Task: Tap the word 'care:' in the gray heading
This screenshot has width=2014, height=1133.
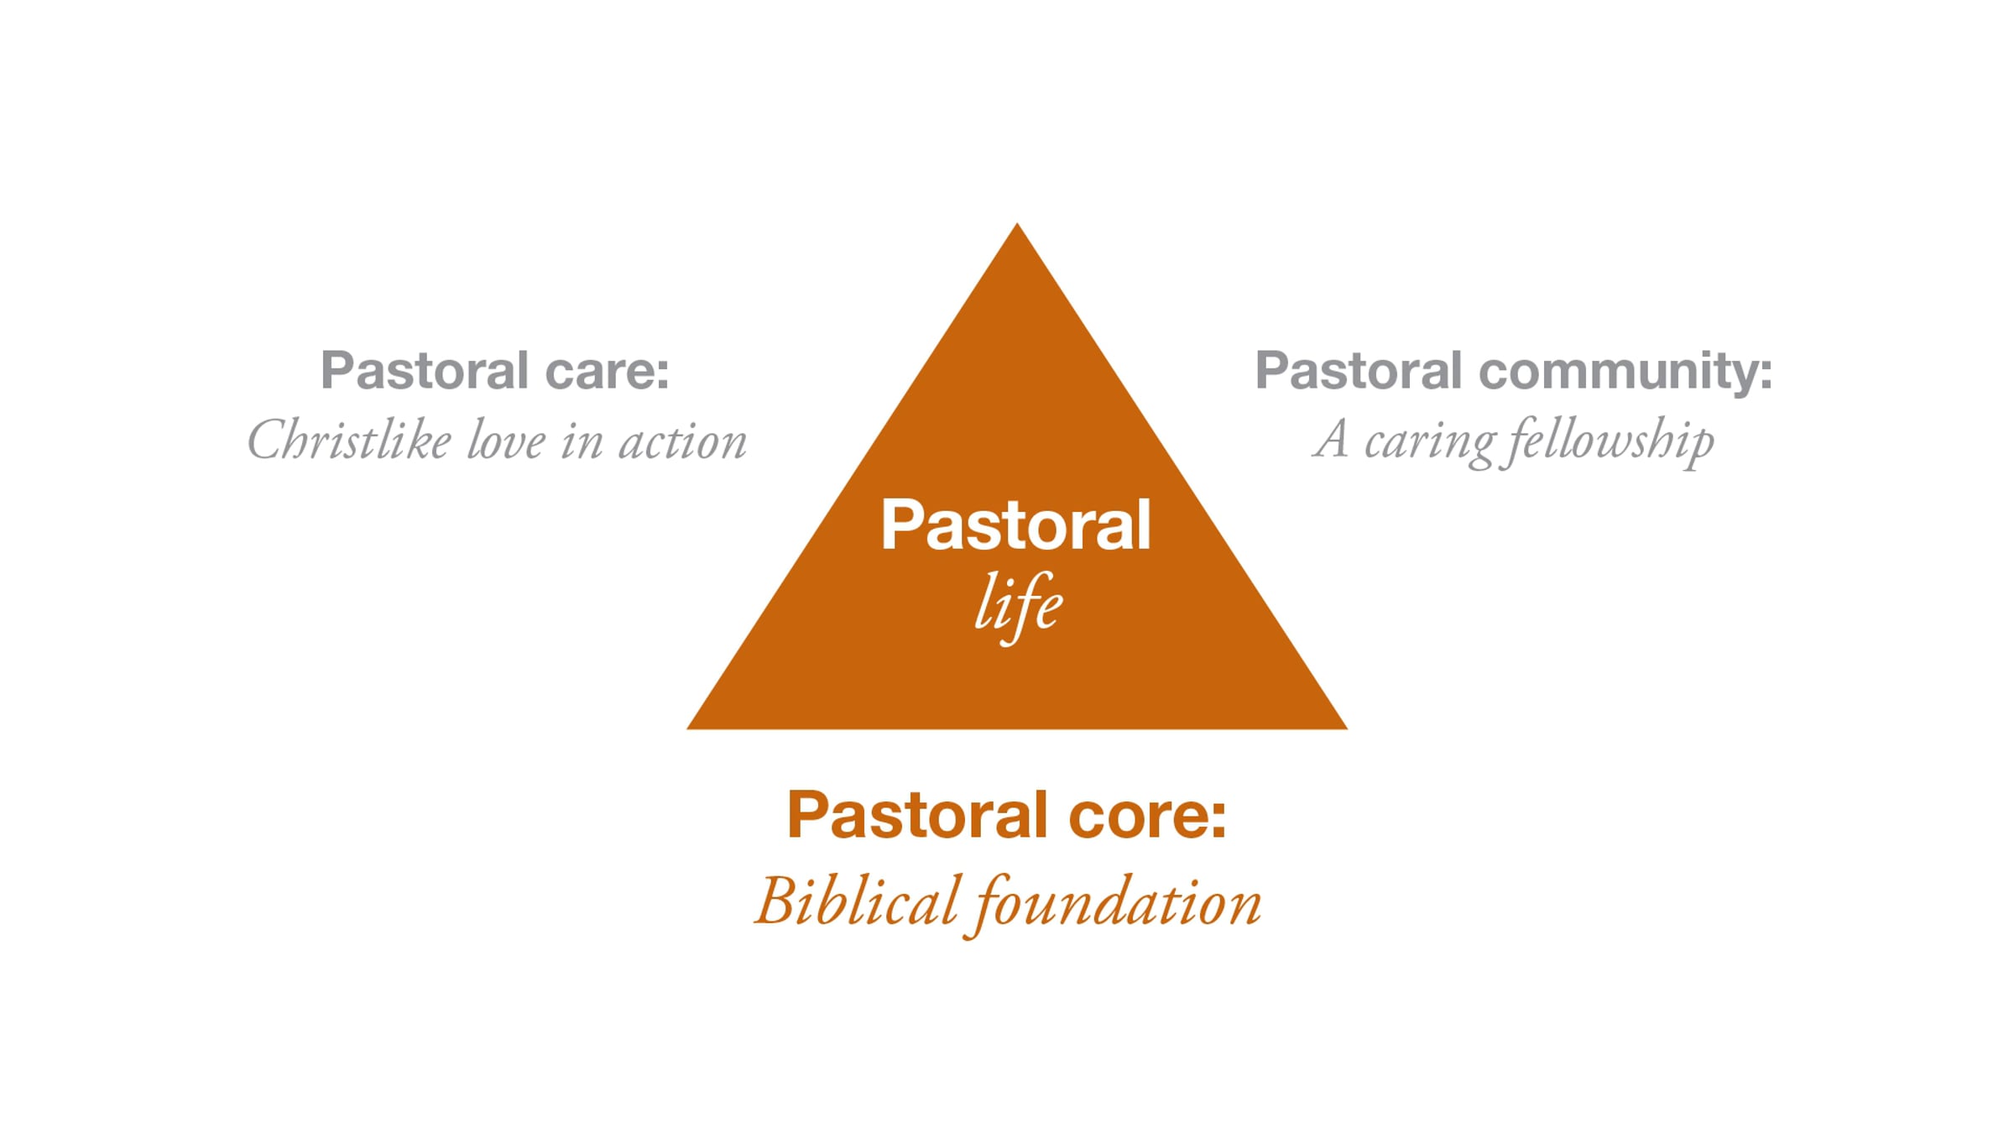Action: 607,371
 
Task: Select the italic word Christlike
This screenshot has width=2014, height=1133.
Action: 349,440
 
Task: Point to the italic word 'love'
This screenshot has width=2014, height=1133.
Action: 506,440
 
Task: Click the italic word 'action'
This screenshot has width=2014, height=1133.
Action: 682,441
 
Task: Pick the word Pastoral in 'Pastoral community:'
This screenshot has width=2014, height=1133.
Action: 1359,371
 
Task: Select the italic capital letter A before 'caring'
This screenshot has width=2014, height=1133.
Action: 1331,439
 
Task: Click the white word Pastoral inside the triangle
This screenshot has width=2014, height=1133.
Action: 1015,525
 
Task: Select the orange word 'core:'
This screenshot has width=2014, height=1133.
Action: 1147,817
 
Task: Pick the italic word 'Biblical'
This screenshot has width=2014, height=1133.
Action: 856,902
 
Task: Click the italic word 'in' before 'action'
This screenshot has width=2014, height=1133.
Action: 582,441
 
